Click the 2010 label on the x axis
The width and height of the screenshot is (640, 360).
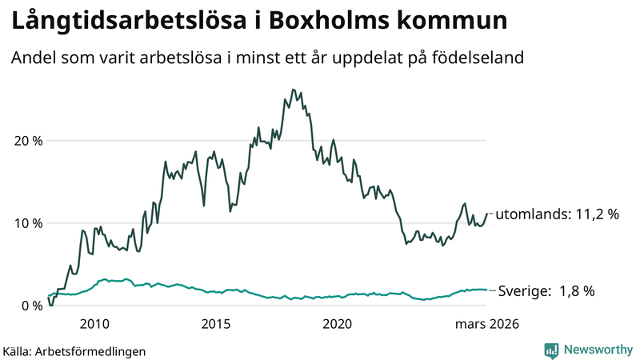[x=94, y=324]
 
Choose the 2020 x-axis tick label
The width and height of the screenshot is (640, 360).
[x=337, y=324]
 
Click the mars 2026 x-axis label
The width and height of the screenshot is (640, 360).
[x=487, y=324]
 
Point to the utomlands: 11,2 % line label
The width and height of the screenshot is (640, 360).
[x=557, y=214]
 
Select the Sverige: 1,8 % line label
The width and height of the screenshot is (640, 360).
[x=546, y=291]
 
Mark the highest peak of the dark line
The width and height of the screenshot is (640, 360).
[x=293, y=90]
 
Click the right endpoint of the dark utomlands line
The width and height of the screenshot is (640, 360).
[x=487, y=214]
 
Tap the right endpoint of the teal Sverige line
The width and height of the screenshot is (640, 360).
[x=487, y=290]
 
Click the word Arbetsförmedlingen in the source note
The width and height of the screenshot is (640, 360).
[x=96, y=350]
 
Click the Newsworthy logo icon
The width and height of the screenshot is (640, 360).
[x=551, y=350]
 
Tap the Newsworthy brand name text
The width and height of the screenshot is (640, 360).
[x=597, y=350]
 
